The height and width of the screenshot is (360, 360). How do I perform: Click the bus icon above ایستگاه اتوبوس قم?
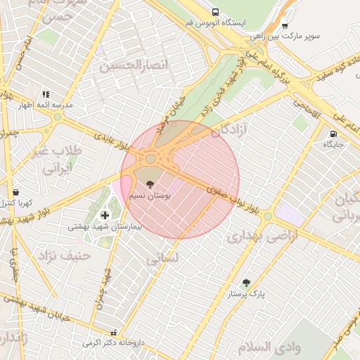pos(214,12)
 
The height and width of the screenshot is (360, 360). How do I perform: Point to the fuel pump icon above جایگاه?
pos(333,134)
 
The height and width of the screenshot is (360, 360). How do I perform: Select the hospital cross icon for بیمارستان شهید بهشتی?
pos(105,215)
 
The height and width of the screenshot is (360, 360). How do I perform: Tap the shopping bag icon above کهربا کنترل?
pos(15,192)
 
